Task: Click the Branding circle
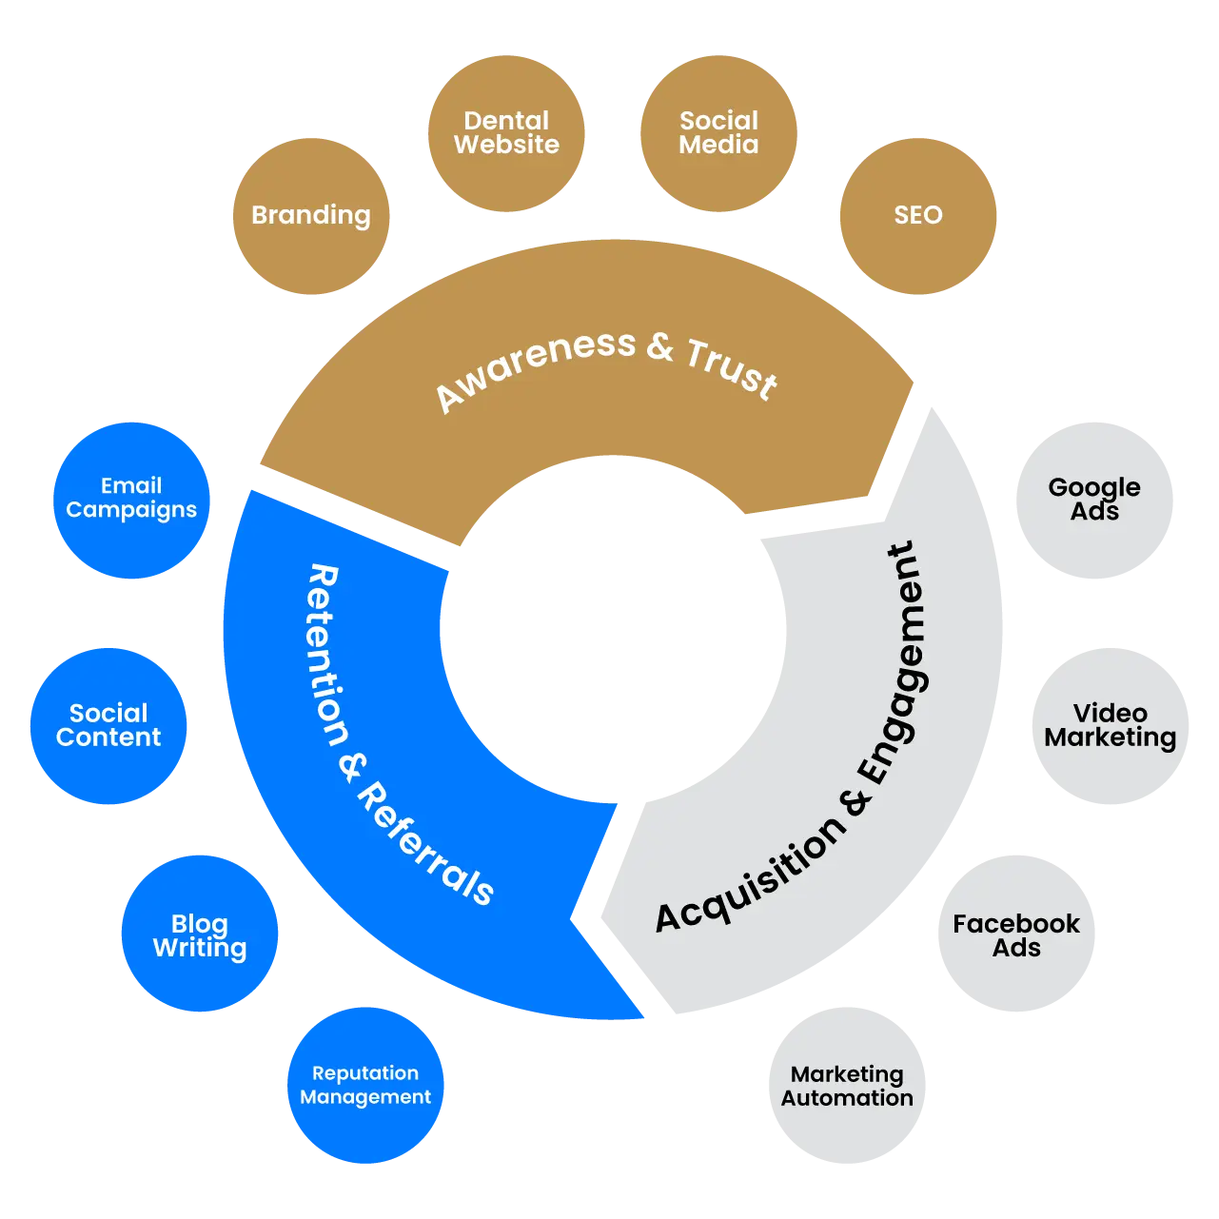click(x=310, y=216)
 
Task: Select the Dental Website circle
click(x=506, y=133)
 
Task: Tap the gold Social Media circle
click(x=718, y=133)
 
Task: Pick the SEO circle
click(x=917, y=216)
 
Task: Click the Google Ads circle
click(x=1094, y=500)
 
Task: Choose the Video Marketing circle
click(x=1110, y=726)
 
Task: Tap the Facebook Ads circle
click(x=1016, y=934)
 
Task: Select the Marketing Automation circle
click(x=847, y=1085)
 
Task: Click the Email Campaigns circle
click(x=131, y=499)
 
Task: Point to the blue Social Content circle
click(x=108, y=726)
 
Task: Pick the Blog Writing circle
click(x=200, y=934)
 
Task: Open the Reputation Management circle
click(x=365, y=1085)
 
